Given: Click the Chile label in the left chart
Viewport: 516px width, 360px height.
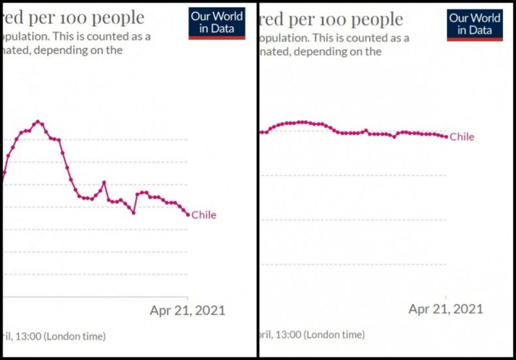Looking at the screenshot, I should tap(203, 215).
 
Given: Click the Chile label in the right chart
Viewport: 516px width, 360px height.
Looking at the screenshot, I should tap(462, 137).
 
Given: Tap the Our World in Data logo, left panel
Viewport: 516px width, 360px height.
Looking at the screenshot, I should tap(217, 24).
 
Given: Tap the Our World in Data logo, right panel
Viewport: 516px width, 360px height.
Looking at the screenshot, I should tap(475, 24).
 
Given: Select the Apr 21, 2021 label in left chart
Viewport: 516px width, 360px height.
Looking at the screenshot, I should tap(187, 310).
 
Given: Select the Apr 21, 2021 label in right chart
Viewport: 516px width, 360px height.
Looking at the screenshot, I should tap(446, 308).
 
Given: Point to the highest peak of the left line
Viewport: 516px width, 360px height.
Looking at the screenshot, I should tap(38, 122).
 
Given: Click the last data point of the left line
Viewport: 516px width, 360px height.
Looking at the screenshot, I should tap(188, 214).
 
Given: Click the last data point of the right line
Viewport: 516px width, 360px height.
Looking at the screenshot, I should tap(446, 137).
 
